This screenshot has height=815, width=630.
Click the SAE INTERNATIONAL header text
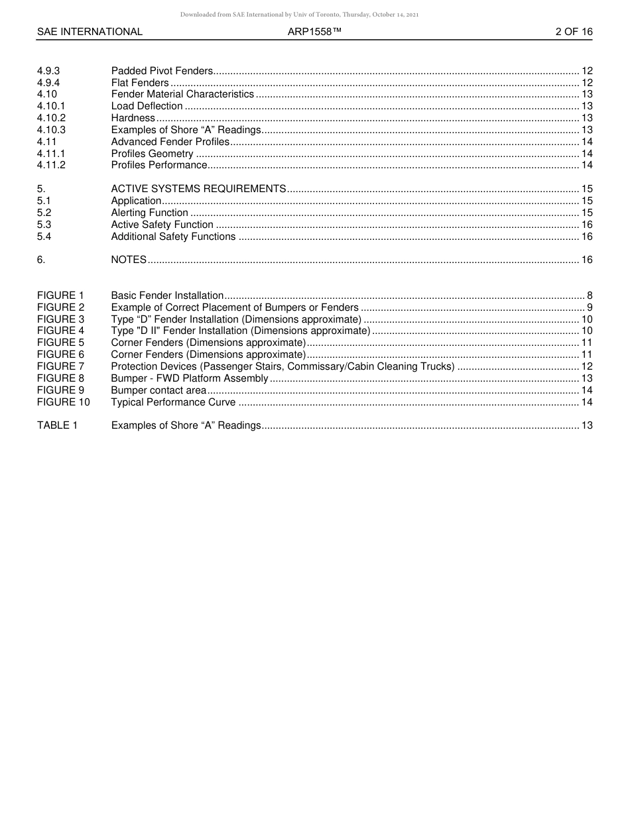(90, 32)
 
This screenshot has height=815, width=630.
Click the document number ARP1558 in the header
(314, 32)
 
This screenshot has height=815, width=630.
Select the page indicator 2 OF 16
(574, 32)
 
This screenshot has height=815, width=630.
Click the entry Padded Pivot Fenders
(162, 71)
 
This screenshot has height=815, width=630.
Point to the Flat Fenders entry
(140, 83)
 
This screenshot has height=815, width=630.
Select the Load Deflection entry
(147, 106)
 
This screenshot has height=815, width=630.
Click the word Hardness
(133, 118)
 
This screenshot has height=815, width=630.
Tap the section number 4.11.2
(51, 165)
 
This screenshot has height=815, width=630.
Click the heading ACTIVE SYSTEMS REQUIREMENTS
(198, 189)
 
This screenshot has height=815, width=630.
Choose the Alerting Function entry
(149, 213)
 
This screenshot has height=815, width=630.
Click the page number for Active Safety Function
(587, 225)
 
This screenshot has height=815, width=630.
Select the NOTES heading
(129, 260)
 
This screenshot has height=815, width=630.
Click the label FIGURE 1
(60, 296)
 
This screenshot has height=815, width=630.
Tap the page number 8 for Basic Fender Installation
(590, 296)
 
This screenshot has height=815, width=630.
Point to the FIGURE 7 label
(60, 366)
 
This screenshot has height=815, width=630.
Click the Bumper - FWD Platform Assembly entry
(189, 378)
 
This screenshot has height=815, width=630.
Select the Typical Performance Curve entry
(173, 402)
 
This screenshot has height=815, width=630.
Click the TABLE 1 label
(57, 425)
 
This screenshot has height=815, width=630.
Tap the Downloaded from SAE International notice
(299, 15)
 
